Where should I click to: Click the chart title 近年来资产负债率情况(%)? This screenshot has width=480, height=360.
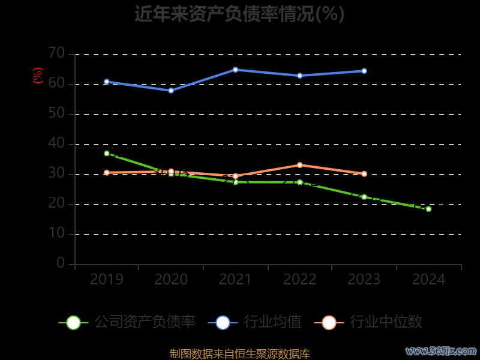pyautogui.click(x=239, y=14)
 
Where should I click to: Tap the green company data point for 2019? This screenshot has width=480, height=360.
pyautogui.click(x=107, y=154)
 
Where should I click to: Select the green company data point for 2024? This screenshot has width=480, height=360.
pyautogui.click(x=428, y=209)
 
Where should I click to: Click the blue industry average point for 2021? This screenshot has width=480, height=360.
pyautogui.click(x=235, y=70)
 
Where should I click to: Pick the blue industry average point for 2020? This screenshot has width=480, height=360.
pyautogui.click(x=171, y=91)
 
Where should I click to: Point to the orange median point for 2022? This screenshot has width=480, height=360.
pyautogui.click(x=299, y=165)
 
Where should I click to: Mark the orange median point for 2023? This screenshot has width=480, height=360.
pyautogui.click(x=364, y=174)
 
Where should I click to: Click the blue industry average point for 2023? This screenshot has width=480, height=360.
pyautogui.click(x=364, y=71)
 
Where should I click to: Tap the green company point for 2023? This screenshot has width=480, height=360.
pyautogui.click(x=364, y=197)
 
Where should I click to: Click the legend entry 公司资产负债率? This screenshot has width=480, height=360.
pyautogui.click(x=127, y=322)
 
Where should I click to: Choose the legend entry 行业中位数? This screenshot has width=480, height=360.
pyautogui.click(x=368, y=322)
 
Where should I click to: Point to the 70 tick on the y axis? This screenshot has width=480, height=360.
pyautogui.click(x=56, y=53)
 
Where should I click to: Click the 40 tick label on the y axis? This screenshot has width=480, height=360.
pyautogui.click(x=56, y=143)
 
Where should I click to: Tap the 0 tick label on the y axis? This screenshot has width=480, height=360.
pyautogui.click(x=61, y=263)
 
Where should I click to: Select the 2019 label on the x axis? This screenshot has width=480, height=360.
pyautogui.click(x=107, y=280)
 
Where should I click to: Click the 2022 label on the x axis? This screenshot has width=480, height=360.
pyautogui.click(x=299, y=280)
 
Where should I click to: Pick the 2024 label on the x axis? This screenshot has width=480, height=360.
pyautogui.click(x=428, y=280)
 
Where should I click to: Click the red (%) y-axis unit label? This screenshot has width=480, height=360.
pyautogui.click(x=38, y=76)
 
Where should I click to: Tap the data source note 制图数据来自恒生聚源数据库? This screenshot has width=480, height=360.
pyautogui.click(x=239, y=354)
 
